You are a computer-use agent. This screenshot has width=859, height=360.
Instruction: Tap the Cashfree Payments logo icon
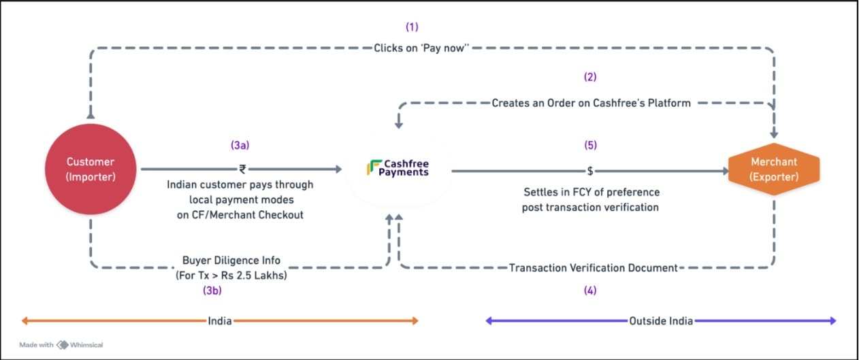click(x=374, y=167)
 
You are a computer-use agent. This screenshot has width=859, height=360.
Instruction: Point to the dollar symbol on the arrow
click(x=590, y=170)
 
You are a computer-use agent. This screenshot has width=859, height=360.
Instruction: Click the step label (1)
click(x=412, y=27)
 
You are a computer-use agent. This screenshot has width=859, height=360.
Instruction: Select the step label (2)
click(x=590, y=77)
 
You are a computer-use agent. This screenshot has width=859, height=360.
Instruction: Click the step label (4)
click(x=590, y=291)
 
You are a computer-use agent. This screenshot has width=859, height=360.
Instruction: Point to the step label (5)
click(x=590, y=145)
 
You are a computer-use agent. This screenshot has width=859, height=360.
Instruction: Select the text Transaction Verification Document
click(x=593, y=268)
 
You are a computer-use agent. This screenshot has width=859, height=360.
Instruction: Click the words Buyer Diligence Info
click(x=231, y=260)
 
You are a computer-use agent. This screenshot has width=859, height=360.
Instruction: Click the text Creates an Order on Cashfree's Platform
click(x=591, y=103)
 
